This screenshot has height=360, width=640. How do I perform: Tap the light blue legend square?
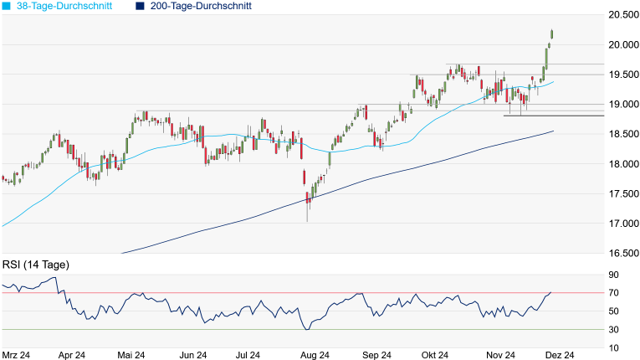[7, 6]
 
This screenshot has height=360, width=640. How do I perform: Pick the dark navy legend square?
[140, 6]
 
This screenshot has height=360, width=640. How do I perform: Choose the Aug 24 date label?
[315, 355]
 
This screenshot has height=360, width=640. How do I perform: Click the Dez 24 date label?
[558, 355]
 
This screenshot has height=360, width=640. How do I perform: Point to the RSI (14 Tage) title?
[36, 265]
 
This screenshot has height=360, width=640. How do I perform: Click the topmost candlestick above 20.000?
[552, 33]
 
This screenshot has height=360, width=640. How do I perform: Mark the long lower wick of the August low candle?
[307, 213]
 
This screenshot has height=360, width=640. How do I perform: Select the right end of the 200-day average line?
[553, 131]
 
